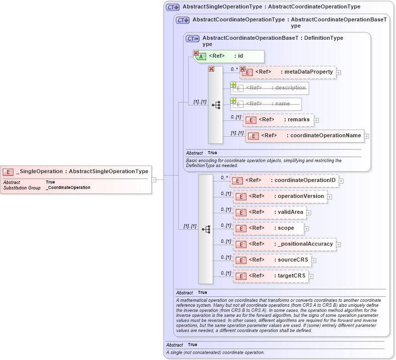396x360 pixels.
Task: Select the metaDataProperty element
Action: [x=288, y=73]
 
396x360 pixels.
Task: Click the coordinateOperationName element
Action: [x=305, y=136]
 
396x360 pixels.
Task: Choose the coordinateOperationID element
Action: [x=285, y=180]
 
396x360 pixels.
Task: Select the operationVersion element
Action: [x=280, y=196]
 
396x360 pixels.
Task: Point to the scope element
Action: [x=268, y=228]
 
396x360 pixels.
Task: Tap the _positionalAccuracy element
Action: [x=285, y=244]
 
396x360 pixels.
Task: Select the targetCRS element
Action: [x=270, y=276]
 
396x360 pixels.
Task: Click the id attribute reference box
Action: [x=230, y=56]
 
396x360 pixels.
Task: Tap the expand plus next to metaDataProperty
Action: [x=339, y=73]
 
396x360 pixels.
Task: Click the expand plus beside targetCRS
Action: [x=311, y=276]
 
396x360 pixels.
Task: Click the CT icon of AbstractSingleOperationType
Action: [x=172, y=7]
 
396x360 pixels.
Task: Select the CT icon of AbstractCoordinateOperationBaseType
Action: [x=192, y=38]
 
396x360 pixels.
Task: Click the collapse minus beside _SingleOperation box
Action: [x=155, y=180]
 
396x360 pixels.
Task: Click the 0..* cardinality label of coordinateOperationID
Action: [x=225, y=178]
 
